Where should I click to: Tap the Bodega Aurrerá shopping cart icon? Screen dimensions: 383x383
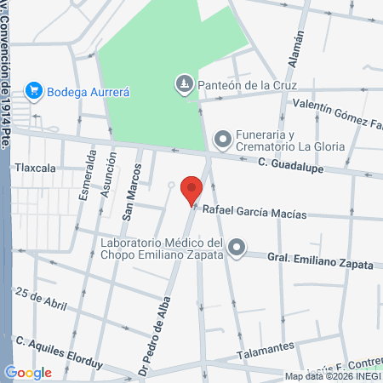coord(34,89)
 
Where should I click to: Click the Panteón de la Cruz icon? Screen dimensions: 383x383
coord(185,83)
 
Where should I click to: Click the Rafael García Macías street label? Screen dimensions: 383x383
coord(254,213)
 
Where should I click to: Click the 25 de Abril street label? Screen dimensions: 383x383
coord(40,297)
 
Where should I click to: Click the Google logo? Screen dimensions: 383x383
coord(28,372)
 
